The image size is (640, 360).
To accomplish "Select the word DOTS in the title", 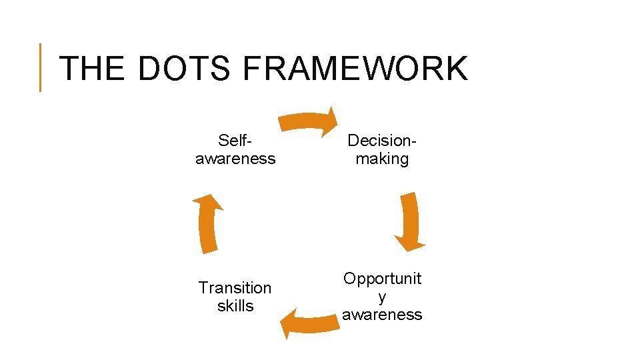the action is [x=185, y=69].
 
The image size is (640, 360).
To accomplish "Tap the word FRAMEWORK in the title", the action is [x=355, y=69].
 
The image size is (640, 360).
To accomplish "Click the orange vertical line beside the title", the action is [x=40, y=67].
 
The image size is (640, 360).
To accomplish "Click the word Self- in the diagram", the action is [x=235, y=141].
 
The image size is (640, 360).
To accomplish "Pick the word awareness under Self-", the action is [x=235, y=159].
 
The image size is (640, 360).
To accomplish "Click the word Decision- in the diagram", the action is [x=382, y=141].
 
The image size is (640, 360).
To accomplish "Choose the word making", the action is [x=382, y=159].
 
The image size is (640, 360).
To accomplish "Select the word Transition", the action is [x=235, y=288].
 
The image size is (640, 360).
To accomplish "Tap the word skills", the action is [x=235, y=306].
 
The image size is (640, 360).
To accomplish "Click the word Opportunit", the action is [x=382, y=279].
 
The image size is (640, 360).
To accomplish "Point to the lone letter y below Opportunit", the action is [x=382, y=297].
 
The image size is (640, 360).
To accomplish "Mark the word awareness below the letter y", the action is [x=382, y=315].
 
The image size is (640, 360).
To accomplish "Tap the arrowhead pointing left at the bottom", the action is [x=287, y=325].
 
